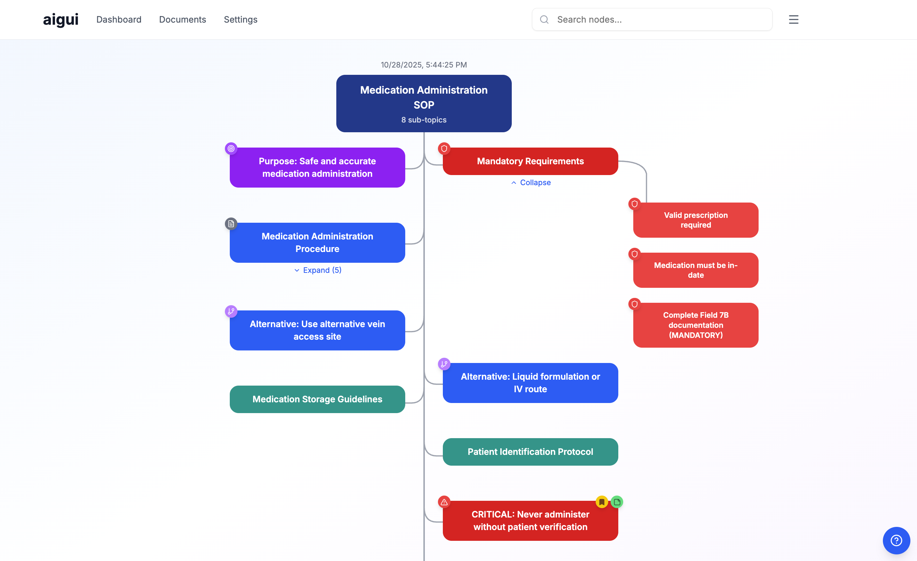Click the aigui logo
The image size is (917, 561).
pos(61,19)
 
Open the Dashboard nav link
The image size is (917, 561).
pos(119,19)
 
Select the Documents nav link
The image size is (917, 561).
pos(182,19)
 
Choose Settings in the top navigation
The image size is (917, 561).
pos(241,19)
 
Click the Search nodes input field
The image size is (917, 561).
pos(659,19)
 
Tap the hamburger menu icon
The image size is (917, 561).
pos(793,19)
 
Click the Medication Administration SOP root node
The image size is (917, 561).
pos(424,103)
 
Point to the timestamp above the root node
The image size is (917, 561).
pos(424,65)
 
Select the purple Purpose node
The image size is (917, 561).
pos(317,167)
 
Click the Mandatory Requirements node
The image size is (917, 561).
pos(530,161)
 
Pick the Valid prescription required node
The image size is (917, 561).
pos(695,220)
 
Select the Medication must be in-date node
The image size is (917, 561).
pos(695,270)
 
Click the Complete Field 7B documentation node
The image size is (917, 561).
pos(695,325)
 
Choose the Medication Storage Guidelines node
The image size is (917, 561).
pos(317,399)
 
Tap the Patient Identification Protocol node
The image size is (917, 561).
pos(530,452)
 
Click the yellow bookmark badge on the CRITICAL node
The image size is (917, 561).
pos(601,502)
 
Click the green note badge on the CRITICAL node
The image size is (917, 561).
pos(617,502)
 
